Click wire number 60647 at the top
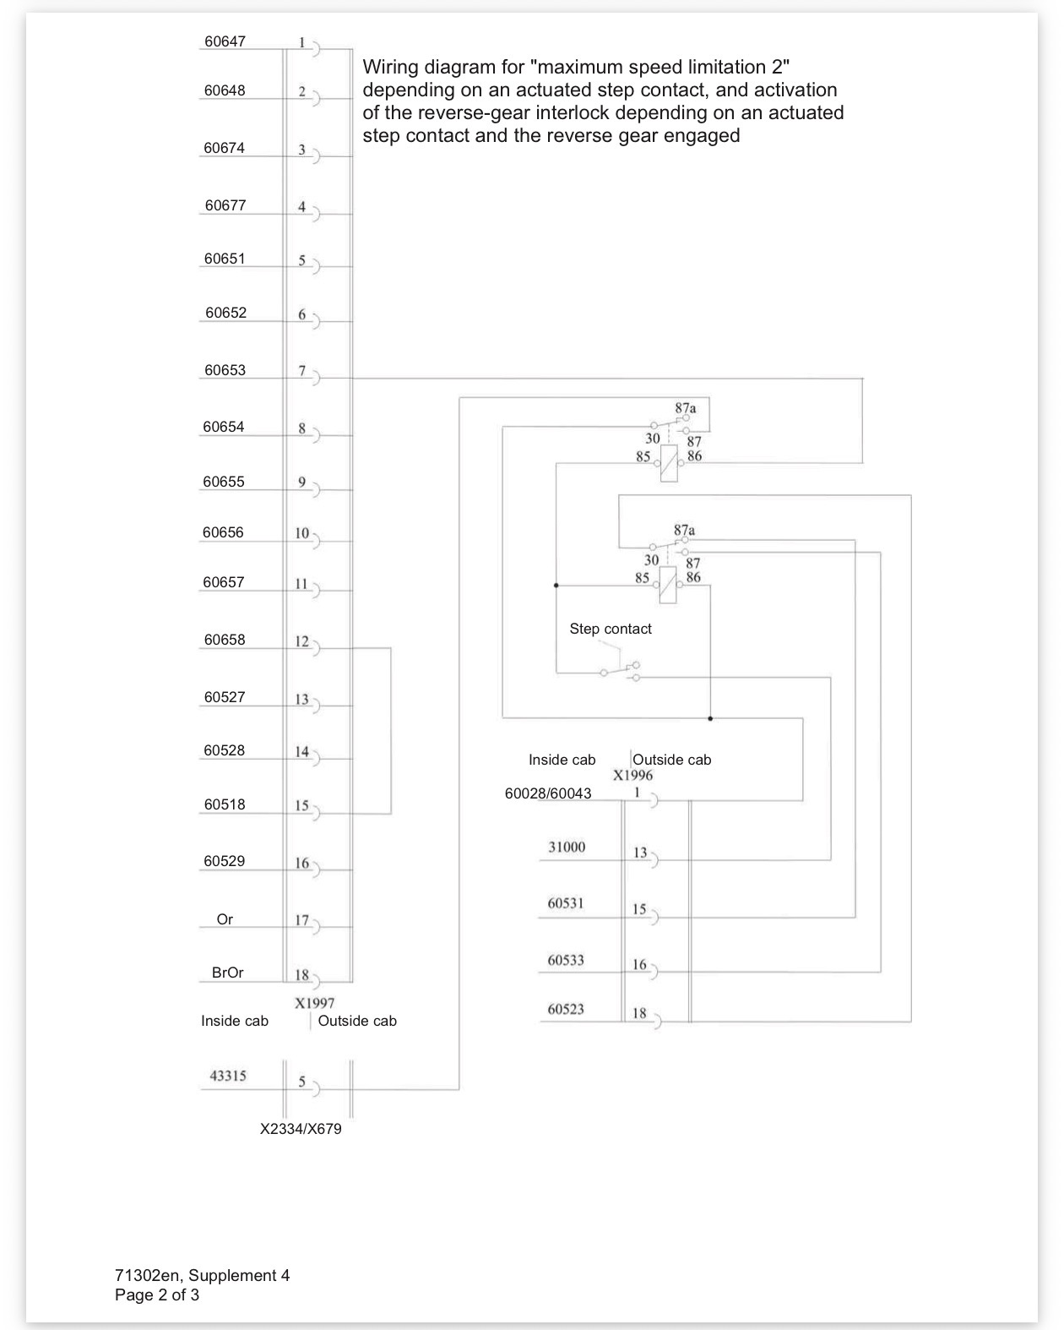pyautogui.click(x=225, y=41)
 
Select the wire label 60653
pyautogui.click(x=225, y=370)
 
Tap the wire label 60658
pyautogui.click(x=225, y=640)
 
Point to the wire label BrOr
pyautogui.click(x=227, y=973)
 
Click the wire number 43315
pyautogui.click(x=228, y=1076)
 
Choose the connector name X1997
pyautogui.click(x=314, y=1003)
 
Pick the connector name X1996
pyautogui.click(x=632, y=776)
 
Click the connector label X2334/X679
pyautogui.click(x=301, y=1129)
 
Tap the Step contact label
pyautogui.click(x=611, y=629)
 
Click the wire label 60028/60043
pyautogui.click(x=548, y=793)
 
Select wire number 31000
pyautogui.click(x=567, y=847)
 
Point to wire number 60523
pyautogui.click(x=566, y=1009)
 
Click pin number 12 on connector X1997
pyautogui.click(x=301, y=641)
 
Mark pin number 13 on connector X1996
pyautogui.click(x=640, y=853)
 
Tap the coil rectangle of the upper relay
pyautogui.click(x=669, y=463)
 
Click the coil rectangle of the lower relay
pyautogui.click(x=668, y=585)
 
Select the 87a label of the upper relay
pyautogui.click(x=685, y=408)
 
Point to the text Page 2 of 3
pyautogui.click(x=157, y=1295)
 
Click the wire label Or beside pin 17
pyautogui.click(x=225, y=919)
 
